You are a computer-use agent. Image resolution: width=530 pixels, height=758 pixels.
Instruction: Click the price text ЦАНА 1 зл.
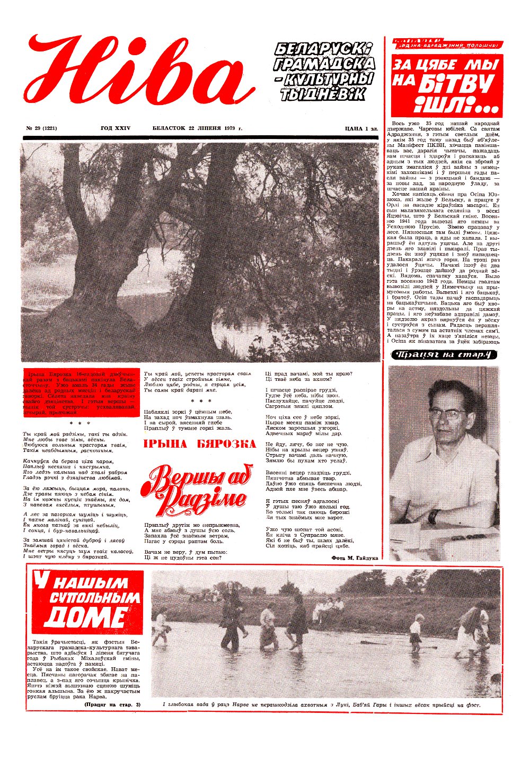(x=361, y=128)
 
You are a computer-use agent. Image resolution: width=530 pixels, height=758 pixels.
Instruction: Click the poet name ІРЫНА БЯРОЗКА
(x=200, y=444)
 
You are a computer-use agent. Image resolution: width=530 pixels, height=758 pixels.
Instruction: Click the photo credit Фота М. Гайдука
(x=355, y=558)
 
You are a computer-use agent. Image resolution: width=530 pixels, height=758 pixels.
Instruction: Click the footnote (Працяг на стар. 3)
(x=112, y=704)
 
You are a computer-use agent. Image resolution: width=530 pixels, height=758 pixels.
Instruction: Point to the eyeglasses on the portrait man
(x=447, y=411)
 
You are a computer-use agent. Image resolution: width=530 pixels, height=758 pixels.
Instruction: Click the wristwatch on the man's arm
(x=434, y=516)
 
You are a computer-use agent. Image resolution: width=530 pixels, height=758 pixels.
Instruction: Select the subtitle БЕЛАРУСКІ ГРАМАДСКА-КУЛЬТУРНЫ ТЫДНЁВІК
(x=324, y=72)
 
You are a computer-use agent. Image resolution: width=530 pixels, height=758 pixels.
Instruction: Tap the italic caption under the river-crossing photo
(x=325, y=705)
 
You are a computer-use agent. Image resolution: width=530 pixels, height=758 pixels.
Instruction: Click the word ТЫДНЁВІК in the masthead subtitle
(x=323, y=95)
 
